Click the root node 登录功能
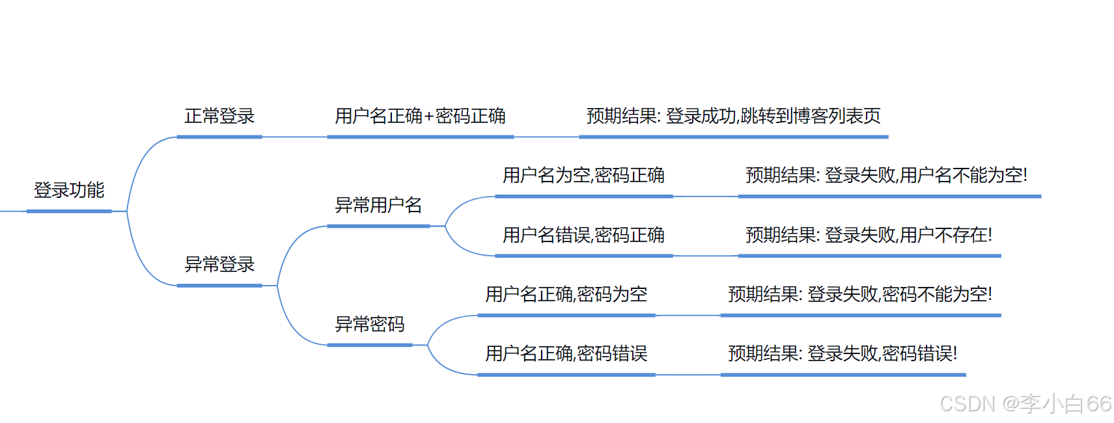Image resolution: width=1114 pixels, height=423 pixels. (x=69, y=190)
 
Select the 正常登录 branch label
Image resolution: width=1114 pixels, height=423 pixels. (x=219, y=116)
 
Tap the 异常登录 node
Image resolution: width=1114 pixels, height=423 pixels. (x=219, y=264)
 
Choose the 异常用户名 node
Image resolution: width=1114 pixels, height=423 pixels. (x=378, y=205)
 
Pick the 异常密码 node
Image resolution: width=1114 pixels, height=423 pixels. (x=370, y=324)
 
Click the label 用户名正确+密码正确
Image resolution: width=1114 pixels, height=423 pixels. (x=420, y=116)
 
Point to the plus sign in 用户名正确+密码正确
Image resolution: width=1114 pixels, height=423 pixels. (x=429, y=117)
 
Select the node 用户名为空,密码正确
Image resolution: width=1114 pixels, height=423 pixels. (x=583, y=175)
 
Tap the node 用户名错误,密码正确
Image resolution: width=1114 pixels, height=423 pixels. (x=583, y=235)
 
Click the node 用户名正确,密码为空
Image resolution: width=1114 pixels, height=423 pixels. (x=566, y=294)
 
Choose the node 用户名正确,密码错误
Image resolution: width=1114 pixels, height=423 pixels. (x=566, y=353)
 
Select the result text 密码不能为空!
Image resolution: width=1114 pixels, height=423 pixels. (x=937, y=294)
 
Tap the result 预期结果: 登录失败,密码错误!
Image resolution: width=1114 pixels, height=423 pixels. (x=842, y=353)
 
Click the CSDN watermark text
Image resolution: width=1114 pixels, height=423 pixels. (x=1025, y=404)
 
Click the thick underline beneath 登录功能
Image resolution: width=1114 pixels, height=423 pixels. (x=69, y=211)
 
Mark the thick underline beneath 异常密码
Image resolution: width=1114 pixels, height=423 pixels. (x=370, y=345)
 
